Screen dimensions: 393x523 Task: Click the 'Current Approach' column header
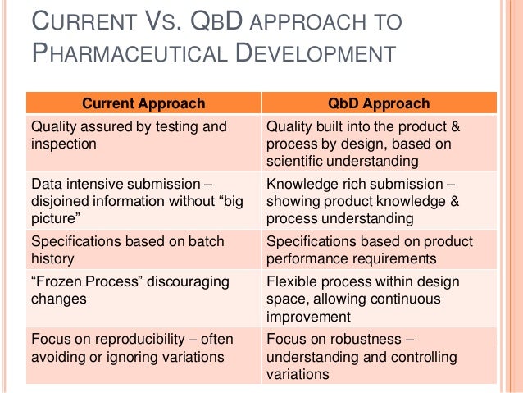[x=142, y=103]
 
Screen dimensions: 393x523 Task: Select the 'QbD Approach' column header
[x=378, y=103]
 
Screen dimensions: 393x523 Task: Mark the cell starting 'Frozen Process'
[x=142, y=296]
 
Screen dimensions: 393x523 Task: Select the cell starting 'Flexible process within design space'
[x=378, y=296]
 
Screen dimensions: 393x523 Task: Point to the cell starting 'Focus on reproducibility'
[x=142, y=354]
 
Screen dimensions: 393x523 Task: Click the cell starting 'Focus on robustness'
[x=378, y=354]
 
